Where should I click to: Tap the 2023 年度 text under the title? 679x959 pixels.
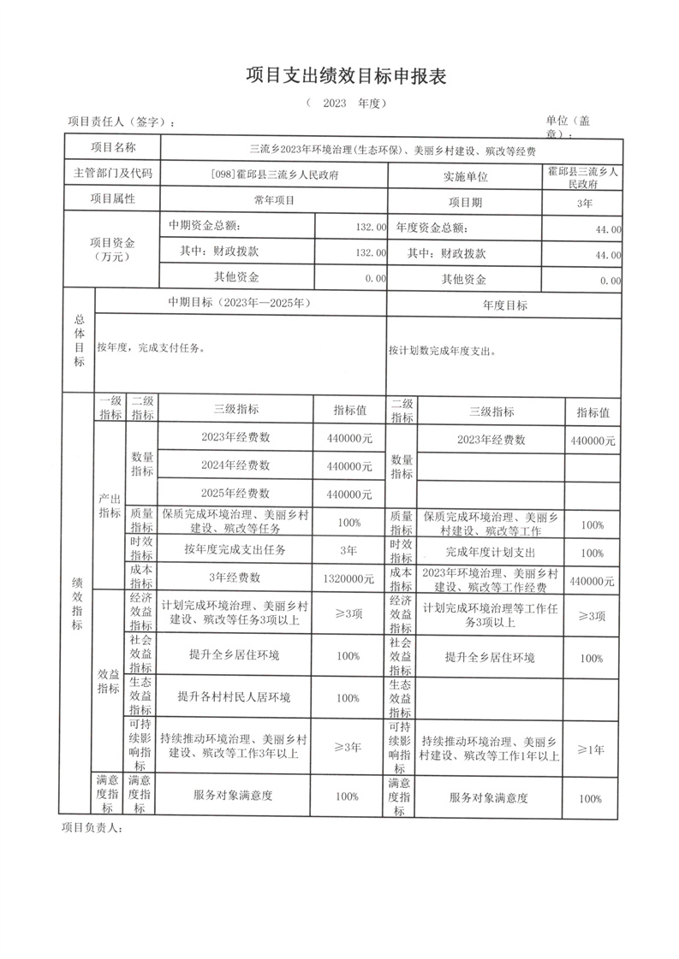coord(347,104)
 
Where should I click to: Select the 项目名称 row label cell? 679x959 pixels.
coord(113,149)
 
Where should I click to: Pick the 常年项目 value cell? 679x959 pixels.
coord(273,200)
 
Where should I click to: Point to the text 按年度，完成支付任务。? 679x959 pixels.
coord(151,347)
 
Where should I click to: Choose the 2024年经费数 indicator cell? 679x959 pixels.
coord(235,465)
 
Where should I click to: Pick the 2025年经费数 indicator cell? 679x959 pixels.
coord(235,493)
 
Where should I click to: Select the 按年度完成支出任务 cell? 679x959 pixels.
coord(235,549)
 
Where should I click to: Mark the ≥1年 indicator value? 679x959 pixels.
coord(591,749)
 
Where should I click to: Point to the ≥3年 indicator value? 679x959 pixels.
coord(348,747)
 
